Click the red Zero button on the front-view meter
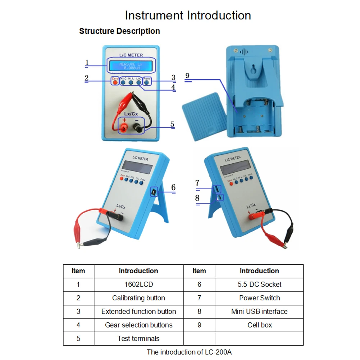coord(115,82)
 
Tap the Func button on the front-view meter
coord(147,82)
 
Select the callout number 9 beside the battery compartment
coord(187,76)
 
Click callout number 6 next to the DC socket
coord(173,187)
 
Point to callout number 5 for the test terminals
coord(172,124)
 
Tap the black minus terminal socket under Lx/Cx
coord(137,127)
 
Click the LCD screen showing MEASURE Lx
coord(131,66)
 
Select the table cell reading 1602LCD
coord(138,284)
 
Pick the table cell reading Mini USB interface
coord(259,311)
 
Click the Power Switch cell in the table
coord(259,298)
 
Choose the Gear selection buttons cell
coord(138,325)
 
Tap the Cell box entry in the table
coord(259,325)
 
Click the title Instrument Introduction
coord(188,15)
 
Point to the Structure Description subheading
coord(119,31)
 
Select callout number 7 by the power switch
coord(197,183)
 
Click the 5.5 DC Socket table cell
coord(259,284)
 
